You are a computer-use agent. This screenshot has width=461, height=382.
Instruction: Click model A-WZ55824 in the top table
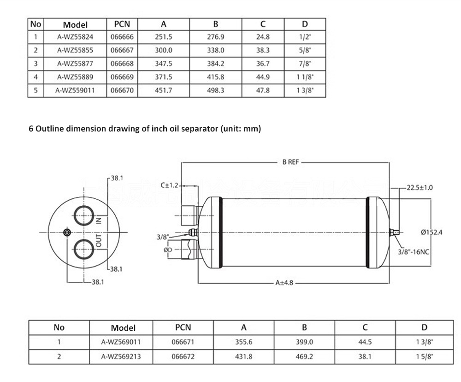[75, 37]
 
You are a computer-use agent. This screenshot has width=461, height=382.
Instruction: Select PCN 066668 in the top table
[123, 64]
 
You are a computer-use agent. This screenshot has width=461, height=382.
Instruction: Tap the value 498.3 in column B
[215, 90]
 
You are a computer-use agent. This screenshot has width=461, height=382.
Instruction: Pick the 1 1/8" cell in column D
[305, 77]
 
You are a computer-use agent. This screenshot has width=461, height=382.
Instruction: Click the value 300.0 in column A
[164, 50]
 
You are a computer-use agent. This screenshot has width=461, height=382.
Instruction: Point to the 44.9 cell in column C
[263, 77]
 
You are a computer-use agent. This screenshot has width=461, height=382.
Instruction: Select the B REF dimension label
[291, 162]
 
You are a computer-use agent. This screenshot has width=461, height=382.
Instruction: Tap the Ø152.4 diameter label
[431, 232]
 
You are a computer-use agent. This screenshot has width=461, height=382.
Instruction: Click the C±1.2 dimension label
[169, 185]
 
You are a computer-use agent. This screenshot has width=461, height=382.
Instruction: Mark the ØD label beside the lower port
[168, 250]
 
